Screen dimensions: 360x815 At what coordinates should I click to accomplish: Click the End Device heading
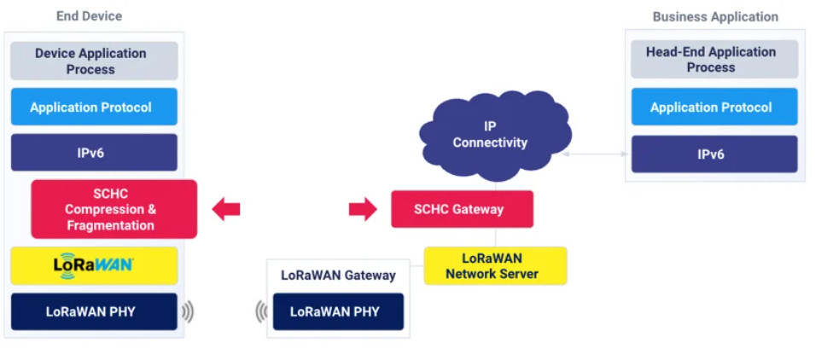(x=89, y=16)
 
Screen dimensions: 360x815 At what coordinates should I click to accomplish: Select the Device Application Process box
(x=94, y=61)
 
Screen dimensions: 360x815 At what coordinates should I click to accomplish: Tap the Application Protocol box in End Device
(x=94, y=107)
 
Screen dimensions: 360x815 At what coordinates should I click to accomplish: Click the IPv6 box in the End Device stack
(x=94, y=153)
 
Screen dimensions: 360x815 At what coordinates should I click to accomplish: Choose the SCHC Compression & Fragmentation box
(x=114, y=209)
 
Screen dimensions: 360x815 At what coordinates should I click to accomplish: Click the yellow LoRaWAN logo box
(x=94, y=265)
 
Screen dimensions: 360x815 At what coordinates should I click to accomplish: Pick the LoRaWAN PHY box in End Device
(x=94, y=311)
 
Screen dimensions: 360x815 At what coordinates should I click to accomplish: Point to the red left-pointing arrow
(x=226, y=209)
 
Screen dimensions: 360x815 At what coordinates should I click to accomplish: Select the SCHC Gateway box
(x=462, y=209)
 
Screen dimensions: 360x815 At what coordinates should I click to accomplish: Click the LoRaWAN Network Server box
(x=495, y=265)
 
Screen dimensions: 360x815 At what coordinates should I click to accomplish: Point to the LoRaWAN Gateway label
(x=338, y=276)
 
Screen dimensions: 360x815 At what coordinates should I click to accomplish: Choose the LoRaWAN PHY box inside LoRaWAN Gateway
(x=338, y=311)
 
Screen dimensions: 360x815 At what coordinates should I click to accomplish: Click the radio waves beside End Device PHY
(x=188, y=312)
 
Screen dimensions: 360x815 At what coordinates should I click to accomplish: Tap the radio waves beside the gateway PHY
(x=261, y=312)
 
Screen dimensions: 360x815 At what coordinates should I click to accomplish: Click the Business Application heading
(x=715, y=17)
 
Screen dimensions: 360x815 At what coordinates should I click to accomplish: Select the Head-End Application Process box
(x=714, y=60)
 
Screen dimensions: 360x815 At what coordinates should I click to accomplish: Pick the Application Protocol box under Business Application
(x=714, y=107)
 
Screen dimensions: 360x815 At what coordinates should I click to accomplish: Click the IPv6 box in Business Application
(x=714, y=154)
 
